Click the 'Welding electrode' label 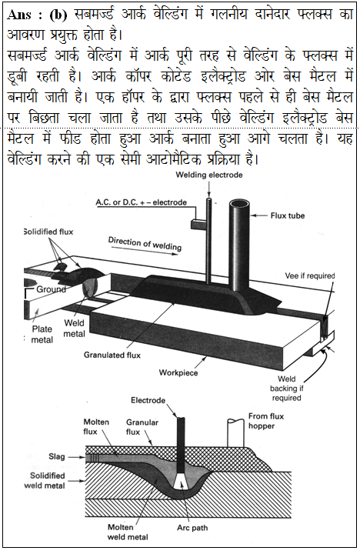(209, 175)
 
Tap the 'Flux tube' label (288, 215)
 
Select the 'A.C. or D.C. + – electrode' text (142, 202)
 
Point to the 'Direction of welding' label (145, 244)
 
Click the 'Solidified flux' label (48, 232)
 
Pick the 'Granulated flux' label (112, 355)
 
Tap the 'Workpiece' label (178, 372)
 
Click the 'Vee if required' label (310, 275)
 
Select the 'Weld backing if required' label (286, 389)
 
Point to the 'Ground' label (52, 289)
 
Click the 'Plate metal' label (42, 334)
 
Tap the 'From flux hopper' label (265, 421)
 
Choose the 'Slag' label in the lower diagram (57, 456)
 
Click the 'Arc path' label (192, 528)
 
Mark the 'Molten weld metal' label (128, 532)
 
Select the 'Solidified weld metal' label (45, 480)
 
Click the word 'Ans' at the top (19, 15)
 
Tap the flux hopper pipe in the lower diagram (235, 432)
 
